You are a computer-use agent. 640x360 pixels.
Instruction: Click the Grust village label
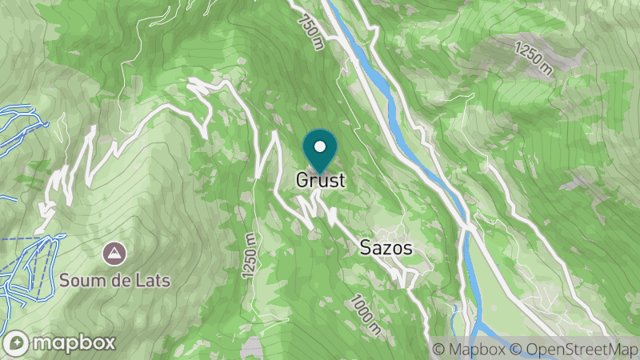[x=320, y=181]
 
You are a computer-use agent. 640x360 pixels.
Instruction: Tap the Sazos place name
[x=386, y=249]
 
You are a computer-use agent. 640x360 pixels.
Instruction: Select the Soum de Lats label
[x=115, y=281]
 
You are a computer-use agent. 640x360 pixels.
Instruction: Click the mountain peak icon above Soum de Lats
[x=115, y=254]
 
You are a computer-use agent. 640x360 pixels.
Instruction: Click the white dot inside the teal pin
[x=320, y=146]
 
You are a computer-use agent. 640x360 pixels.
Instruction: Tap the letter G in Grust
[x=302, y=181]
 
